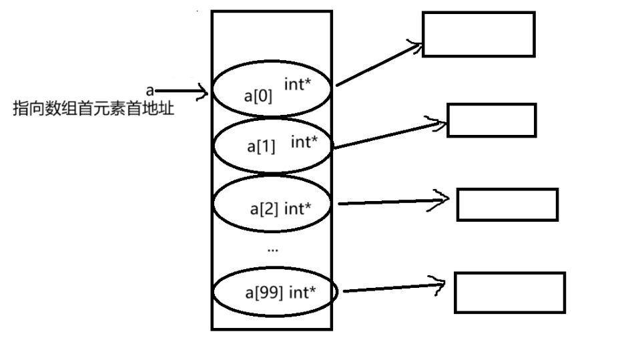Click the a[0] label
pos(258,96)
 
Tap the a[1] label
pos(261,146)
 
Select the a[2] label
pos(264,208)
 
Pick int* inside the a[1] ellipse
pos(304,142)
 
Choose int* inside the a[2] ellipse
pos(298,208)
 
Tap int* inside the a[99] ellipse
pos(302,293)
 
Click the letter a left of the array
pos(150,89)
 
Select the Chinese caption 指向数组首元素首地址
pos(93,109)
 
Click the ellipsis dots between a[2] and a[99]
pos(272,250)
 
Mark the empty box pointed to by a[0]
pos(479,34)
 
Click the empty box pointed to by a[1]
pos(491,120)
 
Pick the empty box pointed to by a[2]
pos(507,204)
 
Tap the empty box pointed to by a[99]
pos(509,292)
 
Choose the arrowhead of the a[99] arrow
pos(440,286)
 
